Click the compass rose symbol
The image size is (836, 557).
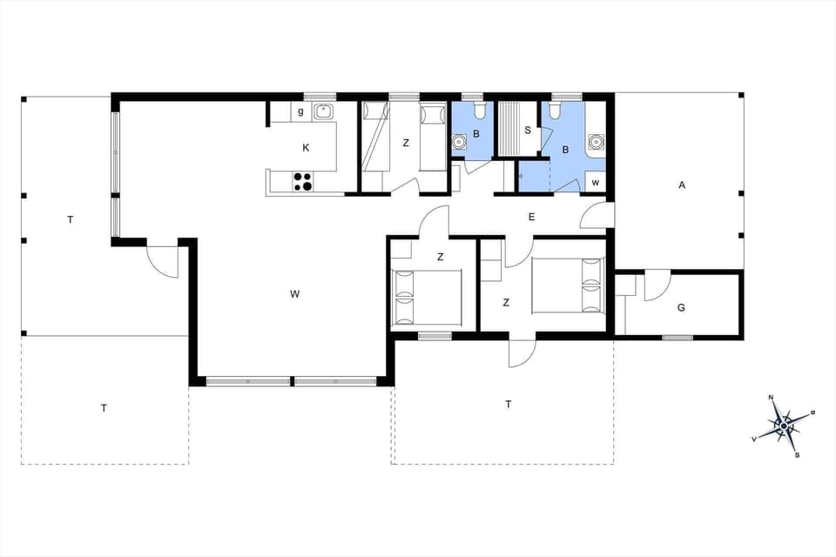[784, 425]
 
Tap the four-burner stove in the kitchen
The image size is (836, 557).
[302, 181]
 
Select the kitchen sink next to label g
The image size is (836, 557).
[324, 111]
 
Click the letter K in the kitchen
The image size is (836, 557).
[306, 148]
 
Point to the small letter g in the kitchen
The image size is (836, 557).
[300, 111]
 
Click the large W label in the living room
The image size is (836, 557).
[295, 294]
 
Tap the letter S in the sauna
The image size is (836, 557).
[528, 131]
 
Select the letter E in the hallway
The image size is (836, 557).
[531, 217]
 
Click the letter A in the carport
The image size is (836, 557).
[682, 185]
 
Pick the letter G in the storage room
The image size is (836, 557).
[681, 307]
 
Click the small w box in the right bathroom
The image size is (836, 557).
[596, 182]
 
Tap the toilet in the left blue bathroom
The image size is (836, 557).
[478, 111]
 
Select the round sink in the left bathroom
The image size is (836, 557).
[459, 142]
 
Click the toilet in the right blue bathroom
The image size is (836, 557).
[555, 111]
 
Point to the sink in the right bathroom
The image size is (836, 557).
[597, 140]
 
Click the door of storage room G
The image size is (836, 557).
[657, 284]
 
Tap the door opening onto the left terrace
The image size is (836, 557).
[163, 261]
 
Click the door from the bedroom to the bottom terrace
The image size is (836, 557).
[521, 352]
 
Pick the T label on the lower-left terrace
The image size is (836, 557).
[104, 408]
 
